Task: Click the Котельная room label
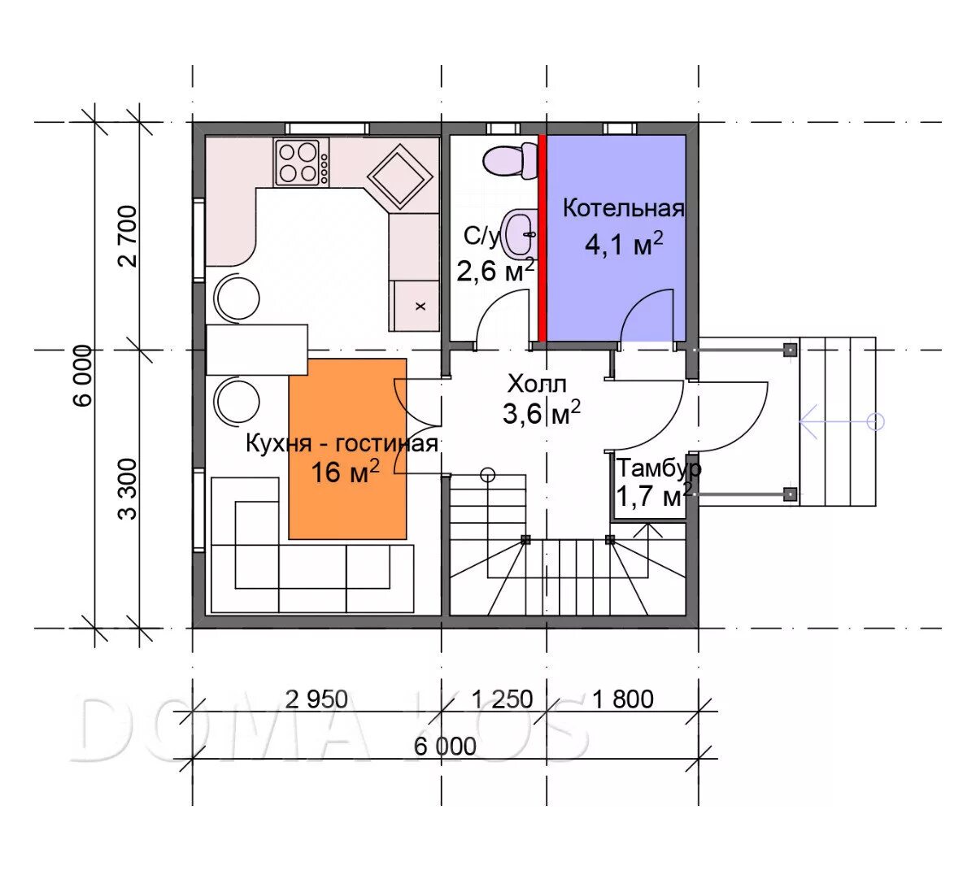(623, 209)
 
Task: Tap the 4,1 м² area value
(624, 244)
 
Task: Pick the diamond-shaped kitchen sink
(400, 176)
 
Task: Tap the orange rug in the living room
(347, 448)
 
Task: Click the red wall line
(542, 238)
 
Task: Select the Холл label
(537, 385)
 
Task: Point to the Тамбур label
(659, 468)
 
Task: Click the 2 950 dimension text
(316, 699)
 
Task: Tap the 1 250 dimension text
(502, 699)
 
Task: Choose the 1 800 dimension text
(622, 699)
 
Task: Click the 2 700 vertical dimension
(128, 237)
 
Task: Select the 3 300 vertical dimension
(128, 489)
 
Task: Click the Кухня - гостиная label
(342, 444)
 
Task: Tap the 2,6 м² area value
(495, 271)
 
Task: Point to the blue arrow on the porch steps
(842, 422)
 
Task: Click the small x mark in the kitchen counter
(420, 306)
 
